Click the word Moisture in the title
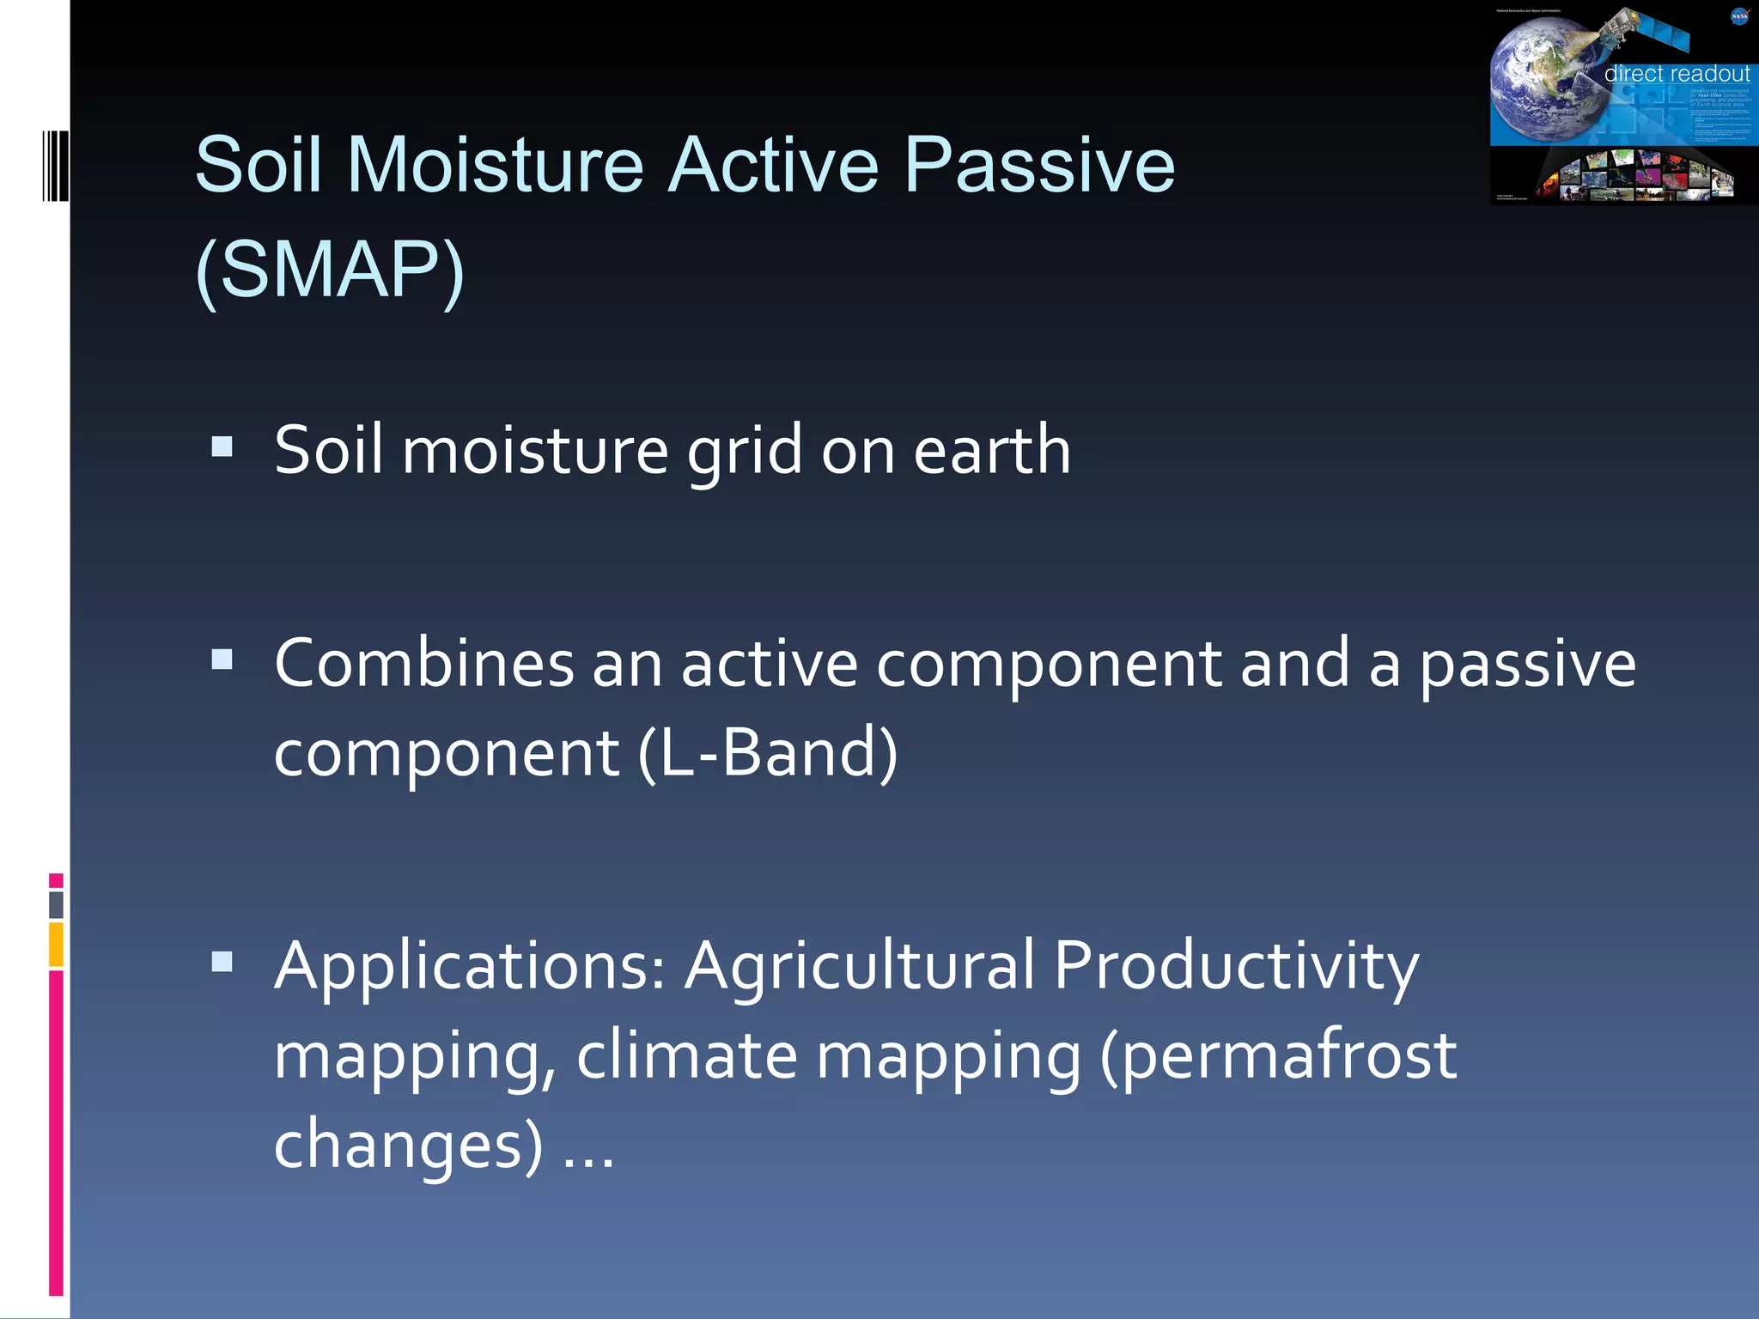[495, 165]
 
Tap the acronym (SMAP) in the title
[330, 270]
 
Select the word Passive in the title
[1038, 165]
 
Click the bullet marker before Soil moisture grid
[222, 447]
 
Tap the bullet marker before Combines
[222, 659]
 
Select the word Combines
[423, 664]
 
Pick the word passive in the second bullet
[1527, 666]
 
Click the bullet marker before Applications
[222, 962]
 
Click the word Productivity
[1236, 967]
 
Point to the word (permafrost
[1278, 1056]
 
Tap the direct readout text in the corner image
[1676, 74]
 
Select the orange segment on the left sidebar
[56, 945]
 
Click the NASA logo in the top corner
[1738, 16]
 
